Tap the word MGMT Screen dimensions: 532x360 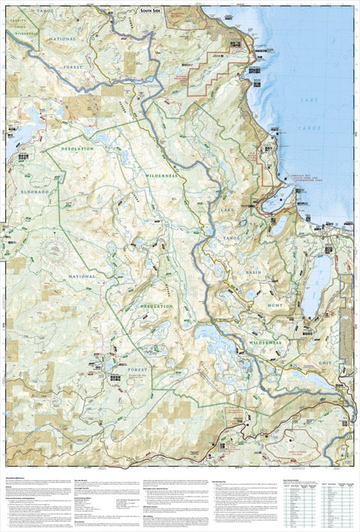(268, 305)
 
